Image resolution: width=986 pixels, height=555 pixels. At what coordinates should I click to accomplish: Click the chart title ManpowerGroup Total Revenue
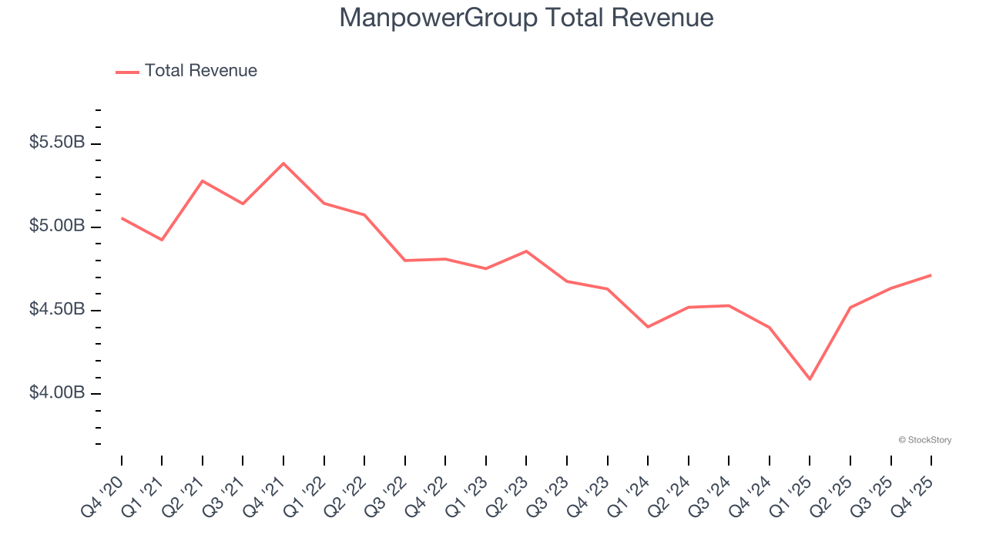click(x=526, y=18)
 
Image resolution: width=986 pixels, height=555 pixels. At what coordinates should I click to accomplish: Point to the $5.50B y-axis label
click(x=57, y=143)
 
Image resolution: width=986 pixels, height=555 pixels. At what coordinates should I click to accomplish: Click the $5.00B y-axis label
click(x=57, y=226)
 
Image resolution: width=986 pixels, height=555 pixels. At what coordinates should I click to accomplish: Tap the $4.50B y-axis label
click(x=57, y=309)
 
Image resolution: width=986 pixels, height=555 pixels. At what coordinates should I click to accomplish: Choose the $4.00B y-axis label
click(x=57, y=392)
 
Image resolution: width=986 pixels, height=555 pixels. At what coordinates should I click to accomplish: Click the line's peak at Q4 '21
click(x=283, y=163)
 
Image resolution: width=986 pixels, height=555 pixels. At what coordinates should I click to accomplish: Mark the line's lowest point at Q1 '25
click(x=810, y=379)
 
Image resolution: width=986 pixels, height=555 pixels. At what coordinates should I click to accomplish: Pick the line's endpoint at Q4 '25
click(x=931, y=275)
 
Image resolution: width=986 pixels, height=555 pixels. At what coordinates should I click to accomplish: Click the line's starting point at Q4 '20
click(x=122, y=218)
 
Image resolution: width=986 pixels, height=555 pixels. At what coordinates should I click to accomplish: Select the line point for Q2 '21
click(x=203, y=181)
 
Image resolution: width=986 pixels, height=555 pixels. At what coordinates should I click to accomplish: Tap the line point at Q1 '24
click(x=648, y=327)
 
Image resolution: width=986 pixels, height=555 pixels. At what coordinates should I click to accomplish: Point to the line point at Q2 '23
click(x=526, y=251)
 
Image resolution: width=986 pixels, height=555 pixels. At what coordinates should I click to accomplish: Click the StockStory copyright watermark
click(x=924, y=440)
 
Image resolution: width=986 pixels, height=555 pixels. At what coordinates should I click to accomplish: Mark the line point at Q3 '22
click(x=405, y=261)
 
